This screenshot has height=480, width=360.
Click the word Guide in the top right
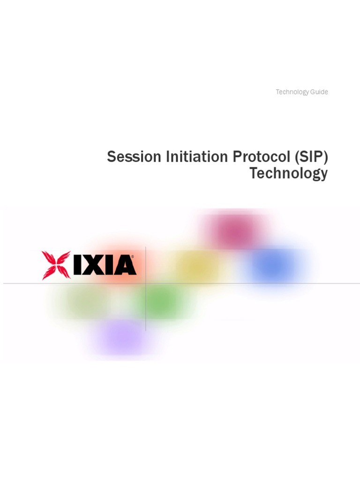click(319, 92)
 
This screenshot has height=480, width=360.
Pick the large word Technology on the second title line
click(288, 173)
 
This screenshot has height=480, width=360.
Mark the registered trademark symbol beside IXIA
click(133, 257)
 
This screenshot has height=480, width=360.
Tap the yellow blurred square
click(197, 265)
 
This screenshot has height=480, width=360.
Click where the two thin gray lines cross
click(146, 283)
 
